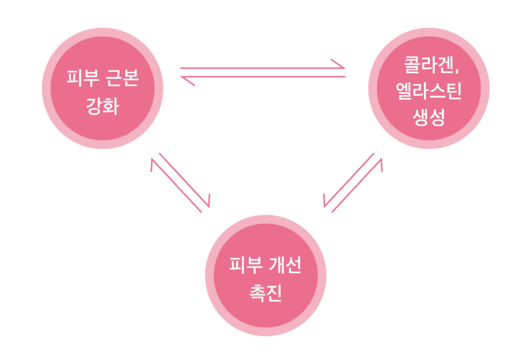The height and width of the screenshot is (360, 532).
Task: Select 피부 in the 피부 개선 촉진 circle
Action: (x=243, y=266)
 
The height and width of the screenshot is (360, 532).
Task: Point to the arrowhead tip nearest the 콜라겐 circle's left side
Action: (x=345, y=68)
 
